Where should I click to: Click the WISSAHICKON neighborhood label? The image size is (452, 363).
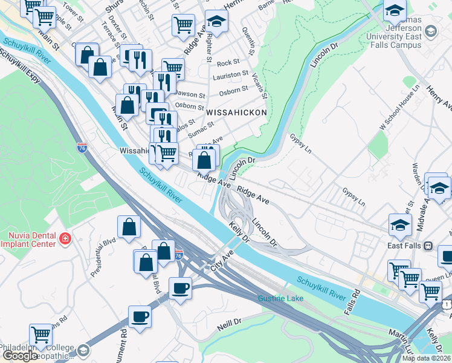pos(236,113)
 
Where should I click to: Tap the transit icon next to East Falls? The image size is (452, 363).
pos(428,246)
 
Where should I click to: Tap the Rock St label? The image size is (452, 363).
pos(228,62)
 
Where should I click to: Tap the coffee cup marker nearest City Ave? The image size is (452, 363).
pos(179,287)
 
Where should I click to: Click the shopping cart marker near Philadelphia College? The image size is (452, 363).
pos(40,333)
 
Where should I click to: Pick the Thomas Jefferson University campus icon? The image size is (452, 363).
pos(431,31)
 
